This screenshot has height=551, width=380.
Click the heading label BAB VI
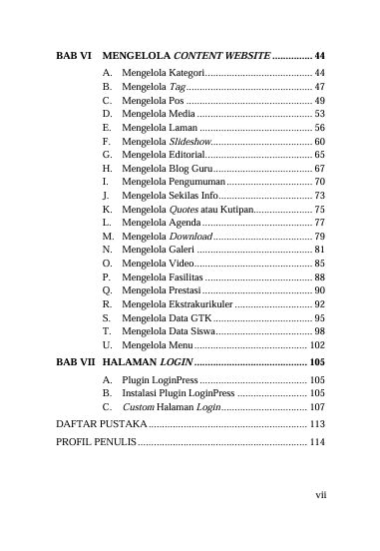72,55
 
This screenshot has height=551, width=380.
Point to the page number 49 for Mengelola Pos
319,101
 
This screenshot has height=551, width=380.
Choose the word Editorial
188,156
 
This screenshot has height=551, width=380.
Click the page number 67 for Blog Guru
319,169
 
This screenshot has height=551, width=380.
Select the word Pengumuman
196,183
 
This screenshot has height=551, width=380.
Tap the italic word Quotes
183,210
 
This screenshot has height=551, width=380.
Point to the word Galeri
183,250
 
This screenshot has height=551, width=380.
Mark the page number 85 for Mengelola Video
319,264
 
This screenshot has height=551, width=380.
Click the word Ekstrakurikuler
200,303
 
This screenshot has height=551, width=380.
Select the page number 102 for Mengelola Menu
316,343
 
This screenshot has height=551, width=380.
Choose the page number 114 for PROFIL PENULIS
316,441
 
